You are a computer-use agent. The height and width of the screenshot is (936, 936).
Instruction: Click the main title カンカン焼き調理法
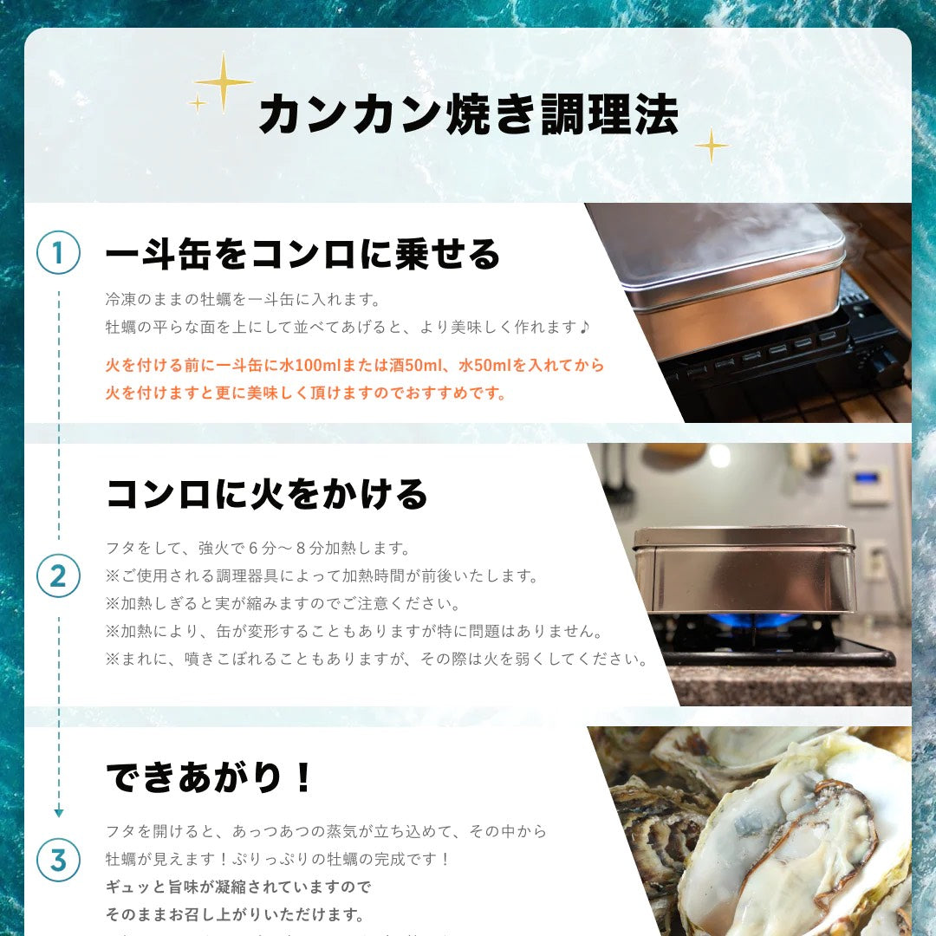click(x=468, y=114)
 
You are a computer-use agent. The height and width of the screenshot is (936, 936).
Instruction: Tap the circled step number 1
click(x=58, y=253)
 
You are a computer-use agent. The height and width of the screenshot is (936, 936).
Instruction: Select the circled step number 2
click(x=58, y=575)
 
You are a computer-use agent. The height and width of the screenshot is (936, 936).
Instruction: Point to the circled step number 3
click(x=58, y=860)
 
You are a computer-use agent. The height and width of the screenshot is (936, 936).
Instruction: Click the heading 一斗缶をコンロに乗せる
click(x=303, y=254)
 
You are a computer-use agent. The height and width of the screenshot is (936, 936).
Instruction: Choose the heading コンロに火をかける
click(x=267, y=494)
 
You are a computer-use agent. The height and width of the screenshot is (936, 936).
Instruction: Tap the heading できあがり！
click(x=208, y=777)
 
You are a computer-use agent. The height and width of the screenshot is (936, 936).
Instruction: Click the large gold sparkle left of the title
click(x=224, y=82)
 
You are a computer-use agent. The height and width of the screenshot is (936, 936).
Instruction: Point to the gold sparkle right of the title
click(x=712, y=146)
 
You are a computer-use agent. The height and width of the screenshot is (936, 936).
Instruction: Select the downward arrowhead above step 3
click(x=58, y=812)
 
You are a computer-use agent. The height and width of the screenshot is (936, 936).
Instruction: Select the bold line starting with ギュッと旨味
click(x=238, y=887)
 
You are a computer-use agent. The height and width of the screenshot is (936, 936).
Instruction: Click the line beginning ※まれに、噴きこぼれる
click(x=377, y=659)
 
